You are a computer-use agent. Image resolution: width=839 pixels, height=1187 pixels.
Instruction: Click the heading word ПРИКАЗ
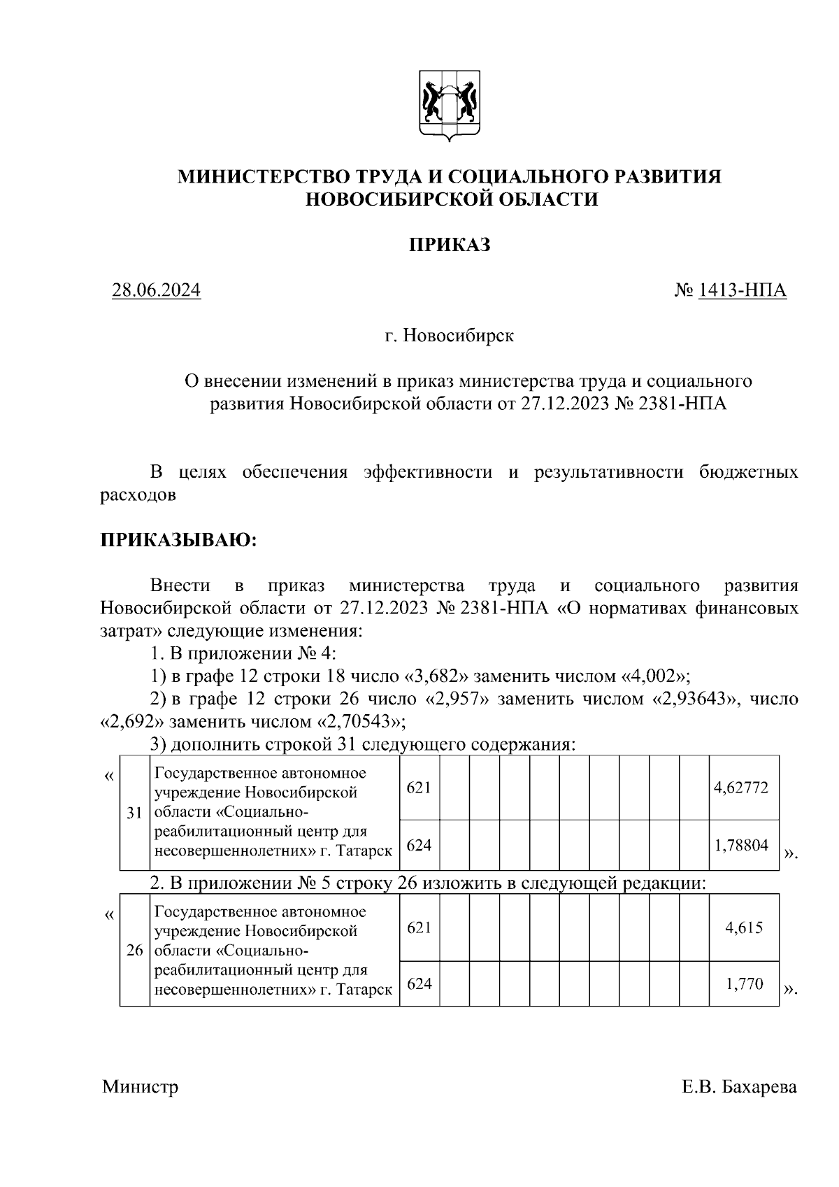click(449, 246)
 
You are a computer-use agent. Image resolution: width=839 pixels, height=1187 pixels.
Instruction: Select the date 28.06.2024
click(157, 290)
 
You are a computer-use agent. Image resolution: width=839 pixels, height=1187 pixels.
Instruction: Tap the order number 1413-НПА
click(742, 290)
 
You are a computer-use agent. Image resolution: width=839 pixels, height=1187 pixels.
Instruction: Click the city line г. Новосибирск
click(449, 336)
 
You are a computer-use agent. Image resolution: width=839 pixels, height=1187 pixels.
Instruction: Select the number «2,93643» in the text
click(696, 699)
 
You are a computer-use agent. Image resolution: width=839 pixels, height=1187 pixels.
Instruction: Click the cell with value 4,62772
click(741, 788)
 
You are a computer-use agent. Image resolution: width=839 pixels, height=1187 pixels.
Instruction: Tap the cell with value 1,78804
click(741, 845)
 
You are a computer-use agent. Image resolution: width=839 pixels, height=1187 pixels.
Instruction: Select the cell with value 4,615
click(744, 927)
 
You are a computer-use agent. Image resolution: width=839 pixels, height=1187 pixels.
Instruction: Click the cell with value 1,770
click(744, 984)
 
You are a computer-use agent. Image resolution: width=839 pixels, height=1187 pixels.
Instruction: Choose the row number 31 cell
click(134, 813)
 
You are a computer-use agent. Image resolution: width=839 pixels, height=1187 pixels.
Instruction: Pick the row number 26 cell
click(134, 951)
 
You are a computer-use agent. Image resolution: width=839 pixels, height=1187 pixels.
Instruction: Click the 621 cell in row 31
click(419, 788)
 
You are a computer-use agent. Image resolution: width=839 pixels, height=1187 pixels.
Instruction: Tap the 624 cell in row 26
click(419, 984)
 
